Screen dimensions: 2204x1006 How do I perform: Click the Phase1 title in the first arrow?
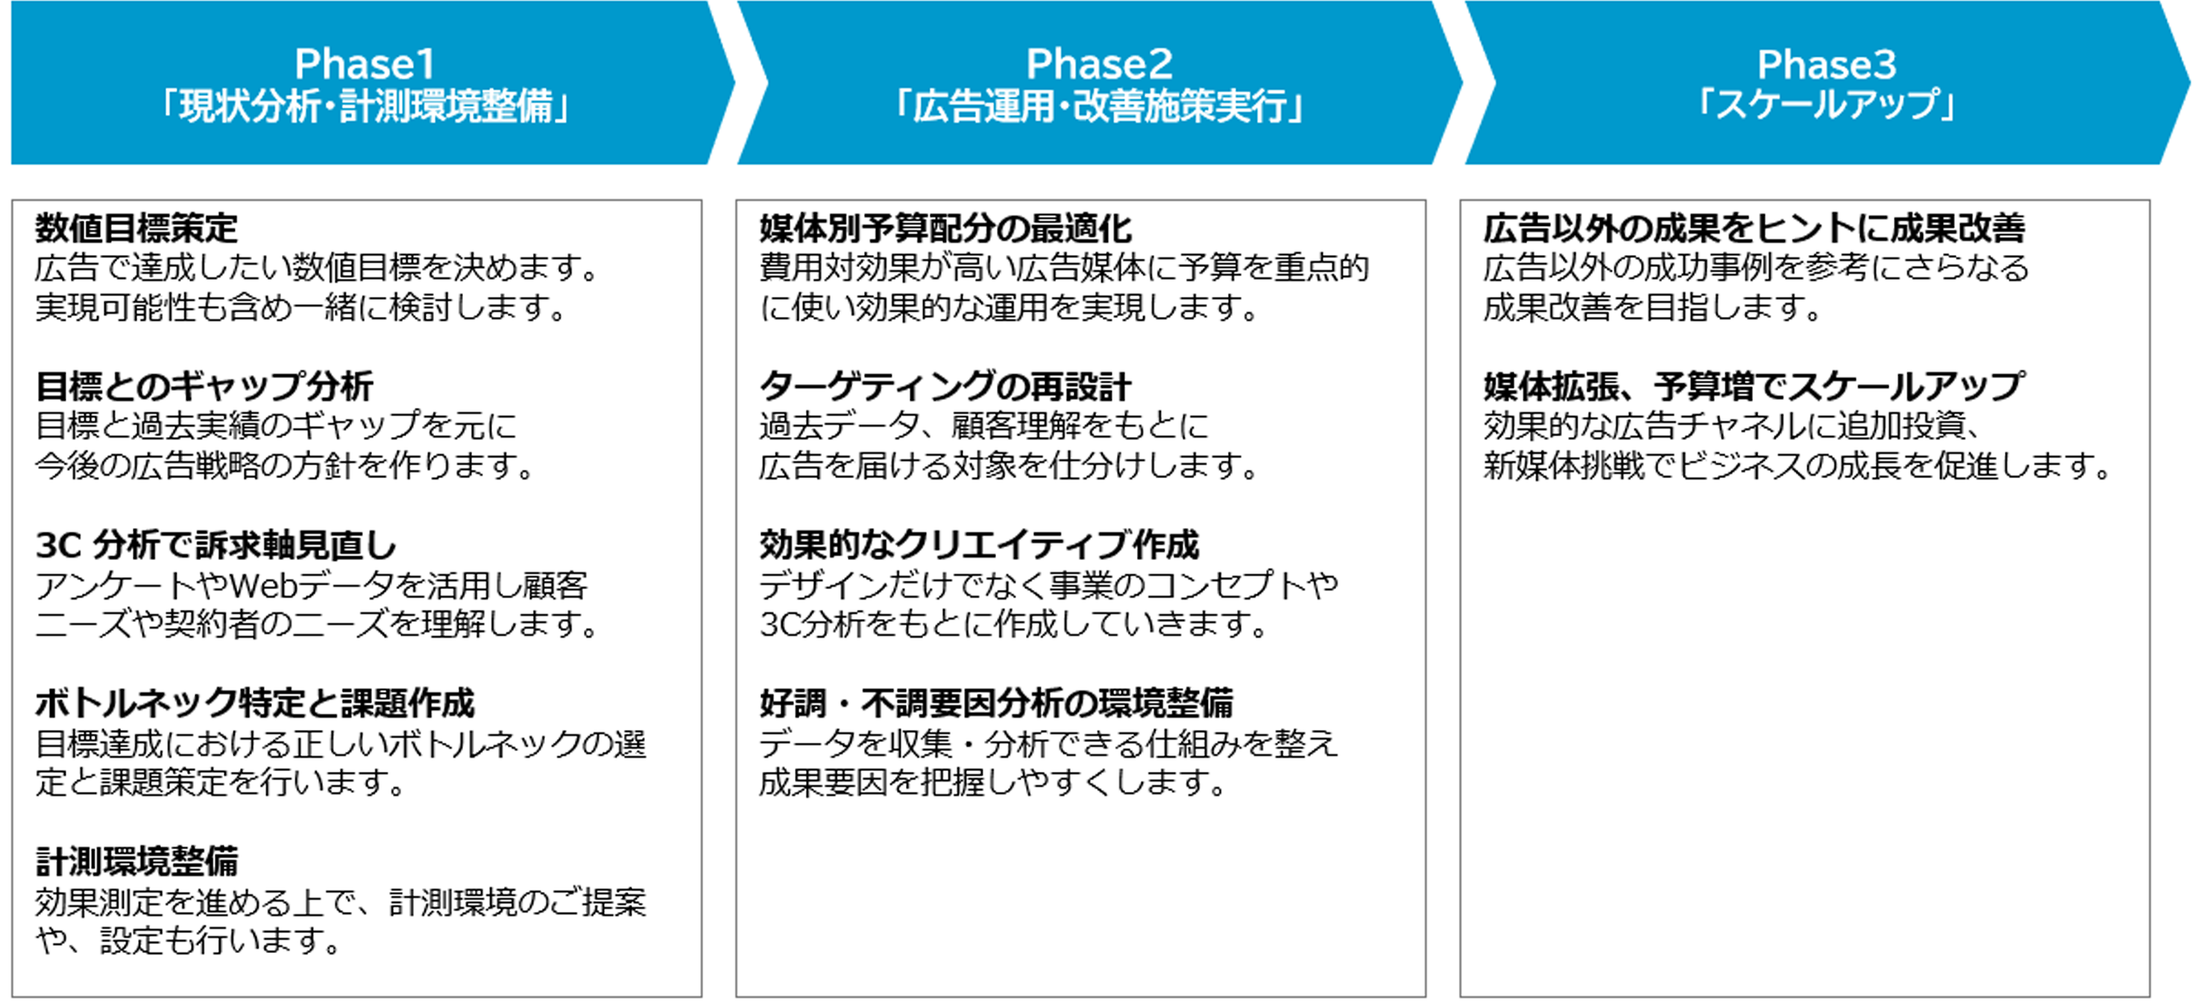tap(365, 64)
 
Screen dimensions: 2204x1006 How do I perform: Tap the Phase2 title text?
tap(1100, 64)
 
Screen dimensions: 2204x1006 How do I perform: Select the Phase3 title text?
tap(1827, 64)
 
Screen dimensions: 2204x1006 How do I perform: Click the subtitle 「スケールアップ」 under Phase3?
tap(1827, 105)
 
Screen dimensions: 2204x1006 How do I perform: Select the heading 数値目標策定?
tap(137, 228)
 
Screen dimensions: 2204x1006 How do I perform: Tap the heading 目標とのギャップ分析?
tap(204, 386)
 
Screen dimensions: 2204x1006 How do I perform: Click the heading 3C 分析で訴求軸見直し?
tap(216, 545)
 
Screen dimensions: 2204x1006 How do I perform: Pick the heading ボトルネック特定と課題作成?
tap(255, 703)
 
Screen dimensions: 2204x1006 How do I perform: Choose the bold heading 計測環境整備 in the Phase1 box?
tap(137, 861)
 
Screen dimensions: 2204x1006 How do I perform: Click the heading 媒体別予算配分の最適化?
tap(945, 228)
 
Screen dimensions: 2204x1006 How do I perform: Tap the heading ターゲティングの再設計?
tap(945, 386)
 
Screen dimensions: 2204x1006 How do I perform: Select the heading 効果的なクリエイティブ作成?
tap(980, 545)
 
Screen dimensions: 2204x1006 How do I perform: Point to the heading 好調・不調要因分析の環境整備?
tap(997, 703)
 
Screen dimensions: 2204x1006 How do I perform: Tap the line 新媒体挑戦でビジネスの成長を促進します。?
tap(1797, 465)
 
